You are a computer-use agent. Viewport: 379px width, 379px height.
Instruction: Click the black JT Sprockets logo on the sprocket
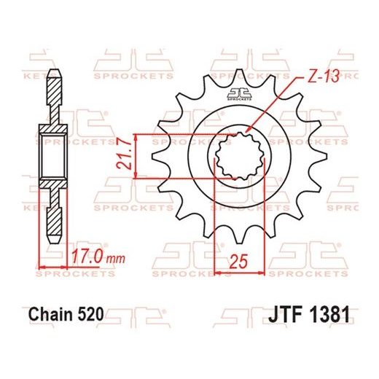click(238, 93)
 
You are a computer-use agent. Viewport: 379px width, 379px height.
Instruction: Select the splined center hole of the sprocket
click(238, 155)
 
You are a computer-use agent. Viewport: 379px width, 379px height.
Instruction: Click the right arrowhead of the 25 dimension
click(262, 273)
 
